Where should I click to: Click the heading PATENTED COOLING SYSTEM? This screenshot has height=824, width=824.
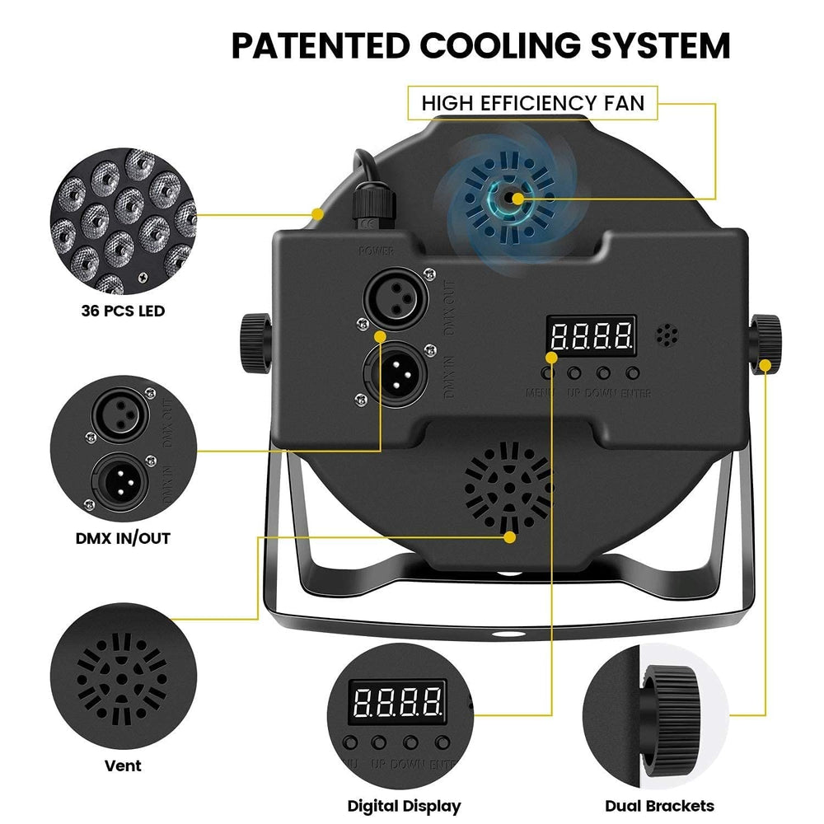tap(480, 45)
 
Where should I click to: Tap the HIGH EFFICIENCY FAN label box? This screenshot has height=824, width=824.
tap(533, 103)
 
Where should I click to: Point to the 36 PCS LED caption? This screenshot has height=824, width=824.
tap(123, 311)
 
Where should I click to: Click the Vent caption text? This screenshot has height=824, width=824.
tap(123, 765)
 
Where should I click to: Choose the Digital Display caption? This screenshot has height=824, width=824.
tap(404, 806)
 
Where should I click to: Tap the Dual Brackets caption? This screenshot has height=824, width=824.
tap(659, 806)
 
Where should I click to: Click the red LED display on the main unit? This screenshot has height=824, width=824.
tap(592, 335)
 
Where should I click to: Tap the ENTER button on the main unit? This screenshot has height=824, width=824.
tap(633, 372)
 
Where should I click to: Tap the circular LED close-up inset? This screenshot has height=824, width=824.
tap(123, 221)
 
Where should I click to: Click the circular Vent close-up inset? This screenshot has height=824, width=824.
tap(123, 672)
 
